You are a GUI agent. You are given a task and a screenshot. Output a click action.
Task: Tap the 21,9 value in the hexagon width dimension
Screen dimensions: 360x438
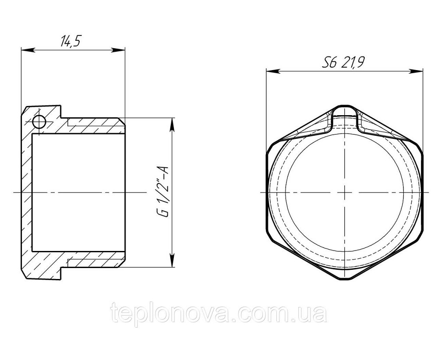pos(353,63)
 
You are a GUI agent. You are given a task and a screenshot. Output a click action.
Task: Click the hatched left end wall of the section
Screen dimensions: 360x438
pos(27,193)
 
